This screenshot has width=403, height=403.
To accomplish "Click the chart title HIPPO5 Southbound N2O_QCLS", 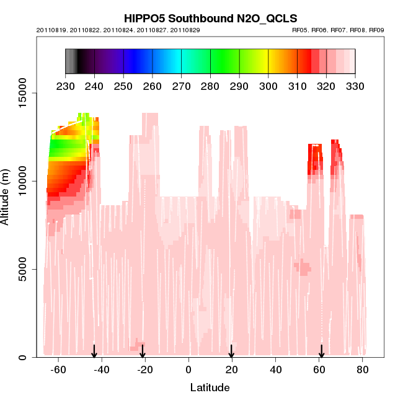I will point(210,19).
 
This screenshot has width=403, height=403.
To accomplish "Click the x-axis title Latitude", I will point(210,387).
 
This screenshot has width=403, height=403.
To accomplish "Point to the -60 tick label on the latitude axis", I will point(58,370).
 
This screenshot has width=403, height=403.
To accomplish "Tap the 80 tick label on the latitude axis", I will point(363,370).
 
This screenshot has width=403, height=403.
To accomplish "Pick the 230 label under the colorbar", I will point(65,86).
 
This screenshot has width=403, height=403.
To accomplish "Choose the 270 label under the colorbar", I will point(181,86).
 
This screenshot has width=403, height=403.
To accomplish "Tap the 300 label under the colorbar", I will point(268,86).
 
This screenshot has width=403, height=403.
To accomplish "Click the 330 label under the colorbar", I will point(355,86).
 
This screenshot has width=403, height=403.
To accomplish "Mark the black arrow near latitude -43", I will point(94,352).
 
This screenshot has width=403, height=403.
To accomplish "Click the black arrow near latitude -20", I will point(144,352).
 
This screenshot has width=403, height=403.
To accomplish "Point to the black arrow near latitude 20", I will point(231,352).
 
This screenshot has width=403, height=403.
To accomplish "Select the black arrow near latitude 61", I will point(321,352).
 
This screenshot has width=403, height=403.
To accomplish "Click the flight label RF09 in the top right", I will point(376,30).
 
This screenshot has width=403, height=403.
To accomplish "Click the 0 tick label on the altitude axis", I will point(22,357).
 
